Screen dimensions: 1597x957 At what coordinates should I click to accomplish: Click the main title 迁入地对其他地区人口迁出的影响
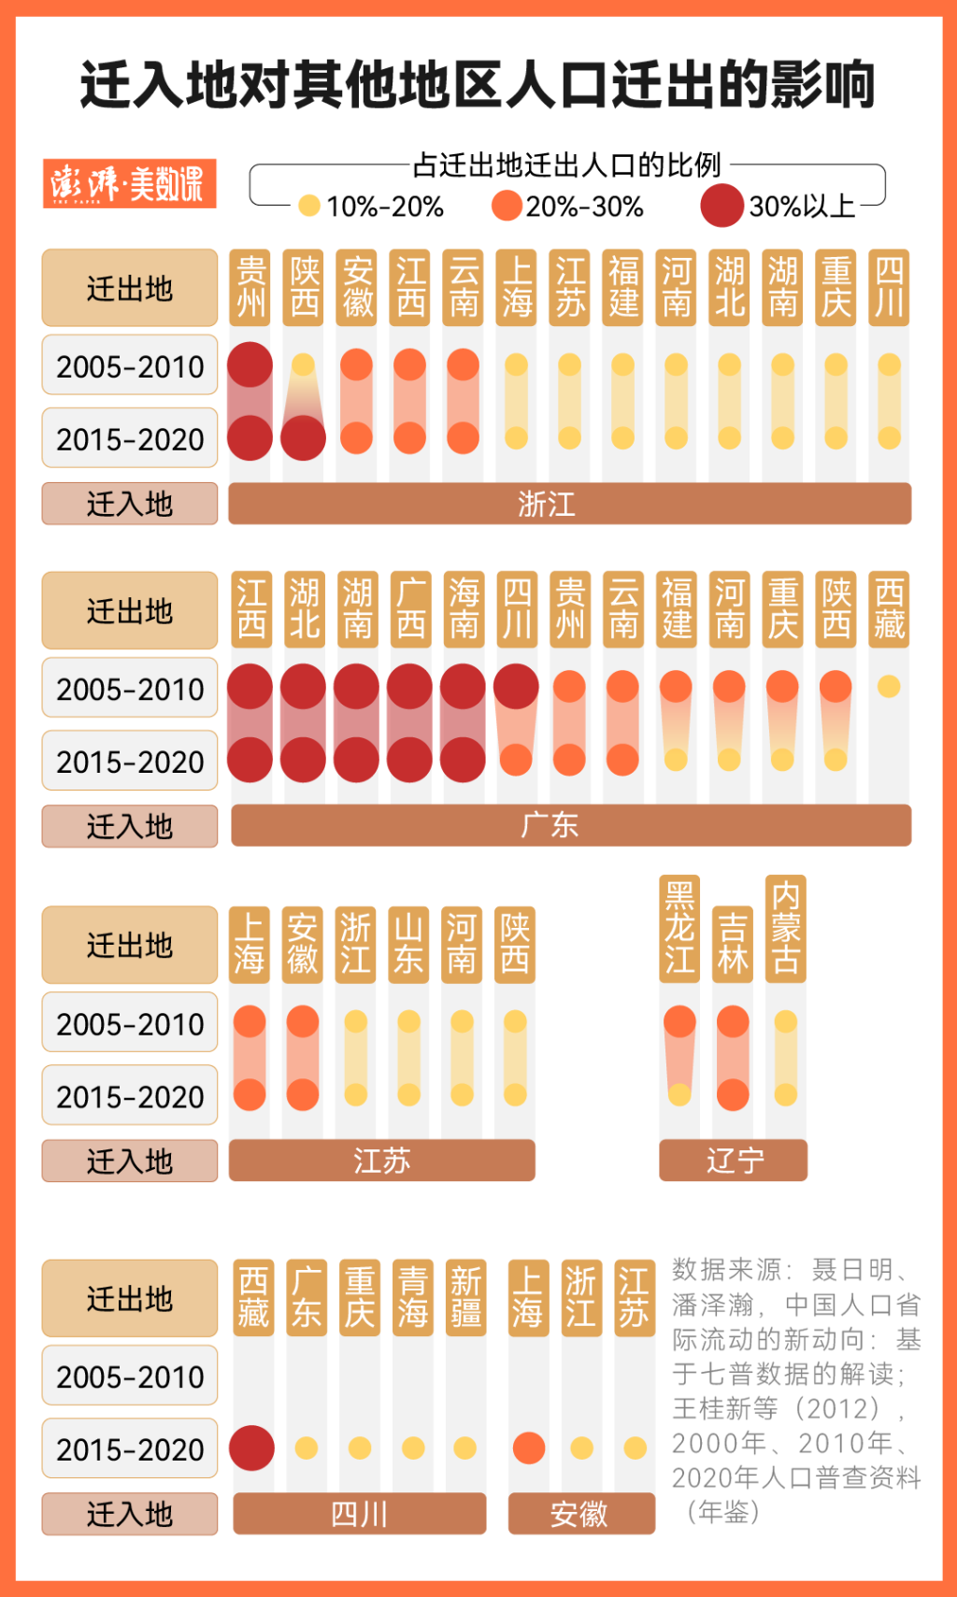click(x=478, y=85)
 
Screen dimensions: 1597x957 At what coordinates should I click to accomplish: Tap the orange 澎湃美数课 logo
click(x=129, y=183)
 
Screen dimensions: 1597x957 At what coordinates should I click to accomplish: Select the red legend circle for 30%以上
click(x=721, y=206)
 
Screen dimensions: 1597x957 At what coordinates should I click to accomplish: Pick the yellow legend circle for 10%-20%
click(x=309, y=206)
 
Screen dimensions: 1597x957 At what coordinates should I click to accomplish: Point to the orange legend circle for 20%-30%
click(x=507, y=206)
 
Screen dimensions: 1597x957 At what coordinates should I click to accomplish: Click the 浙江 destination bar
click(x=569, y=504)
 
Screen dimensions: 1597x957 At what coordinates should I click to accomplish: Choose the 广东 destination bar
click(x=570, y=825)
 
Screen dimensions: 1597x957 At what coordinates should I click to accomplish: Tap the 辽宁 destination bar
click(x=733, y=1160)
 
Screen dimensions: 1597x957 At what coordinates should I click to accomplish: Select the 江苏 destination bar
click(x=381, y=1160)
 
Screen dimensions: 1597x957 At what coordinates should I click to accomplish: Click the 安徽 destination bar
click(x=580, y=1513)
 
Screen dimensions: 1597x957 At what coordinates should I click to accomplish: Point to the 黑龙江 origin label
click(x=679, y=928)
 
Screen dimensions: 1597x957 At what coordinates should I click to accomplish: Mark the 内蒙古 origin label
click(x=785, y=928)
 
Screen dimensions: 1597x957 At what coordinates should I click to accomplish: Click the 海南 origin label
click(x=464, y=609)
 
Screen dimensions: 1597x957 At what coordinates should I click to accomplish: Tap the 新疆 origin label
click(x=465, y=1297)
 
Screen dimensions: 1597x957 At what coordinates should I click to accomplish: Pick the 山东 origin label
click(x=408, y=944)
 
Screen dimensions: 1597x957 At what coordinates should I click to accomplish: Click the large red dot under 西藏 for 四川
click(x=251, y=1447)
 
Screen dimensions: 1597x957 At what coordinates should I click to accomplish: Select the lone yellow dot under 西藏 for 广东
click(x=889, y=686)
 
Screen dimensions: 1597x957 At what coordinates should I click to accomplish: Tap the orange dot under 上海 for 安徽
click(x=528, y=1447)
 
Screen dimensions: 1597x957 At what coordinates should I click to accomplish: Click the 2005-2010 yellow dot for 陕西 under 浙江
click(x=303, y=364)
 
